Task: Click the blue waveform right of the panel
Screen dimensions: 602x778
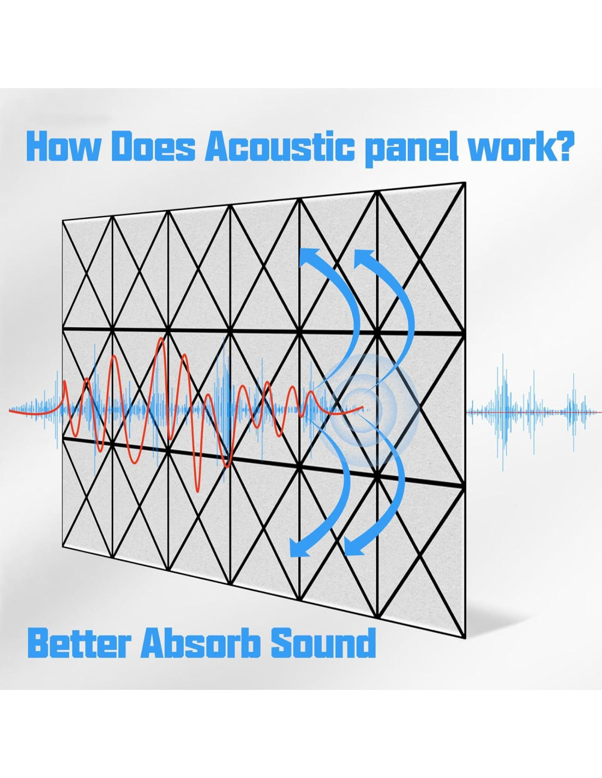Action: click(x=534, y=412)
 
